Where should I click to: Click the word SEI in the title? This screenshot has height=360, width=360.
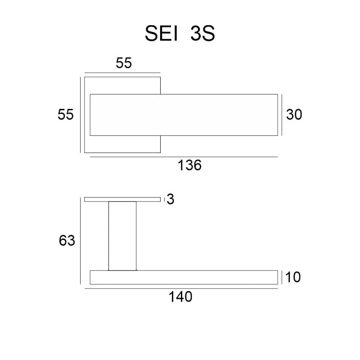tap(161, 34)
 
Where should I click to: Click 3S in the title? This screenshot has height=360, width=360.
tap(202, 34)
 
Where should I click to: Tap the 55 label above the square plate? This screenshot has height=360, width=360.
tap(124, 63)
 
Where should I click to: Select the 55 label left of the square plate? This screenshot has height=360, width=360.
tap(66, 115)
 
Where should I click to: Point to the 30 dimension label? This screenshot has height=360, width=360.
tap(294, 115)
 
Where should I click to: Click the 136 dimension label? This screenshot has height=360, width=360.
tap(189, 166)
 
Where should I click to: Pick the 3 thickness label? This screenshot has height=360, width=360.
tap(170, 199)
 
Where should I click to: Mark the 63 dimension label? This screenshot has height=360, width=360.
tap(67, 241)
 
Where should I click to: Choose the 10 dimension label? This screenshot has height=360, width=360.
tap(293, 277)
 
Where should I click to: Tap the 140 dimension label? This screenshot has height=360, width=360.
tap(180, 297)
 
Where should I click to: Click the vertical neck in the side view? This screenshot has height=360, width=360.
tap(122, 236)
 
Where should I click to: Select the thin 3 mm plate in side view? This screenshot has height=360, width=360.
tap(122, 199)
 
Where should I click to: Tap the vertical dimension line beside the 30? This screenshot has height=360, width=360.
tap(282, 115)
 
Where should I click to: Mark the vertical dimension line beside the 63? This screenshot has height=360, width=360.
tap(81, 241)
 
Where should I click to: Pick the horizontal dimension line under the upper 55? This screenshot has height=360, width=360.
tap(122, 72)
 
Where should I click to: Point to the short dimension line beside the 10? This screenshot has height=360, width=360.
tap(282, 277)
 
